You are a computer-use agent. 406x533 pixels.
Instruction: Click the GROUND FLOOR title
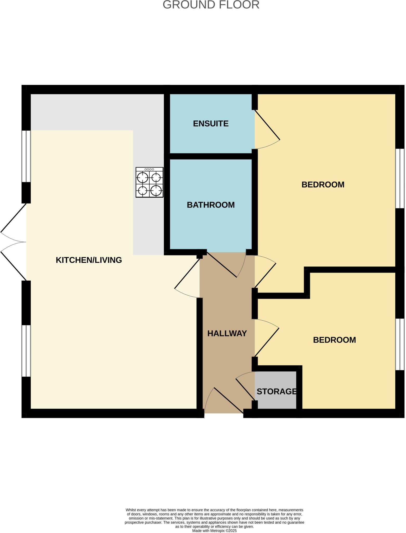(211, 5)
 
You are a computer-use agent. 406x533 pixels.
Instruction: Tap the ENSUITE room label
(211, 123)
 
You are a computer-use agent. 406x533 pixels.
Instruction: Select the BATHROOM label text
(211, 205)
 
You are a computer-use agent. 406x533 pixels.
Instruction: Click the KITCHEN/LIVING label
(89, 260)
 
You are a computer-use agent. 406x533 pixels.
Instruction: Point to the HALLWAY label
(227, 333)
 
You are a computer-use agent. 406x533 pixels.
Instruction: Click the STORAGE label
(276, 391)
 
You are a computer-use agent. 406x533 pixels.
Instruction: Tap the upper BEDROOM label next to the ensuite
(323, 185)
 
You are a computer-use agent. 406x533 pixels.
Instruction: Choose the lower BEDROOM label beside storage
(334, 340)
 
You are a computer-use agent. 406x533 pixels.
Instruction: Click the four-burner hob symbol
(149, 182)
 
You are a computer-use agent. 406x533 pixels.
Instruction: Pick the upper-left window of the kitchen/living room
(26, 156)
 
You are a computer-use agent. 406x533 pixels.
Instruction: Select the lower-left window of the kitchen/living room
(26, 351)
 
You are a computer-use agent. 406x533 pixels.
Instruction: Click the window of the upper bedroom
(400, 178)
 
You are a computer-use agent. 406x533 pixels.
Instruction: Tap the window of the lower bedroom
(400, 344)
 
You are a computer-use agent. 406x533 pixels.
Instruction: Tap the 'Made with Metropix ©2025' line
(214, 530)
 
